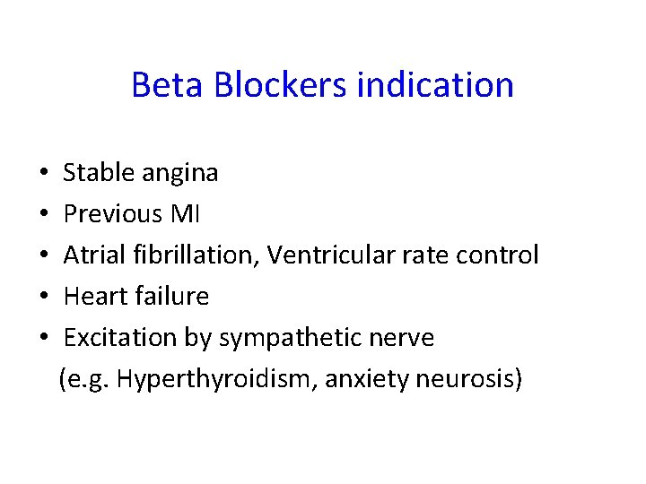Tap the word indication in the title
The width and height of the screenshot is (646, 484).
click(x=435, y=85)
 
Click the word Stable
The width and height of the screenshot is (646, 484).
click(x=100, y=172)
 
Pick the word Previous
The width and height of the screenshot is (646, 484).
click(x=112, y=213)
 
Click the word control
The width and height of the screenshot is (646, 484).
click(x=497, y=255)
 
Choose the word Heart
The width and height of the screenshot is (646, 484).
click(x=92, y=296)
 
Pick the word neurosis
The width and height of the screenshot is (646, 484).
click(x=468, y=378)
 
